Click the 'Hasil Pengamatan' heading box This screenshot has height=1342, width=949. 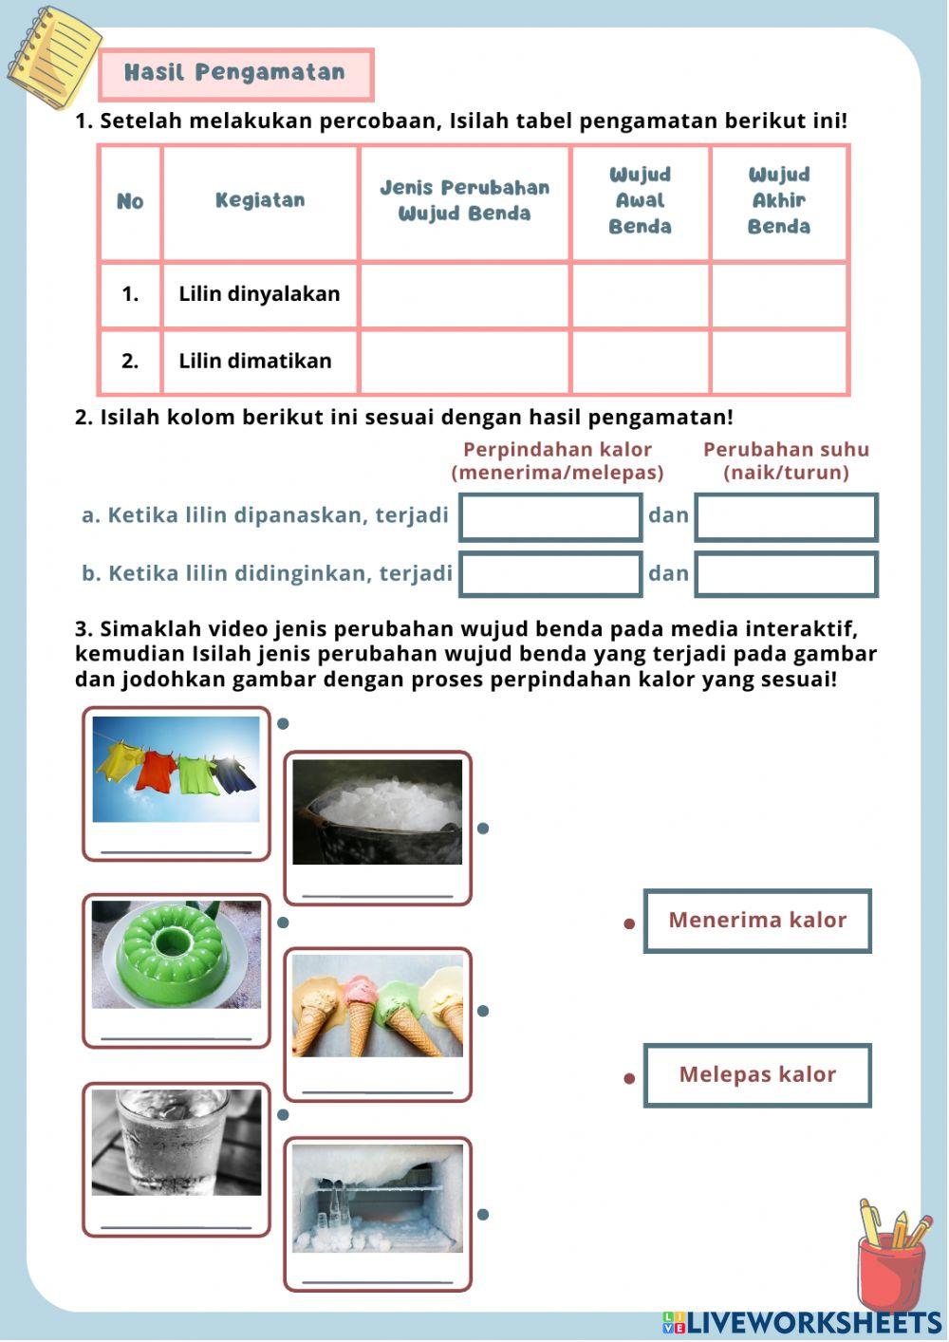point(235,73)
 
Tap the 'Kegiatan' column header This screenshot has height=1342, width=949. point(259,200)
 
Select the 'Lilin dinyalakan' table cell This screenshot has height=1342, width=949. point(259,294)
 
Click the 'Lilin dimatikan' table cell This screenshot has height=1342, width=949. point(255,361)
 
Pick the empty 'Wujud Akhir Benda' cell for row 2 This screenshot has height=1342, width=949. point(778,361)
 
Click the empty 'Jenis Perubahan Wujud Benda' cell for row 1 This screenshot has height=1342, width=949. point(464,294)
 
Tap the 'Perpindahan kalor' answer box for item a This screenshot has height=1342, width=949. point(550,517)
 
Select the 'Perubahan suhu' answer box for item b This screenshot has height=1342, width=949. point(786,574)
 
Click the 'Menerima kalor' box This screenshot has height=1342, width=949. point(757,920)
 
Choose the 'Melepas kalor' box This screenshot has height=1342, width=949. point(757,1074)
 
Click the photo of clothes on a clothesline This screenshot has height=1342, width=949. point(176,769)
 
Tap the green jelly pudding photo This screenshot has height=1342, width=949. point(176,954)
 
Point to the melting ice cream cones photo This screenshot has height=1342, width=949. point(377,1006)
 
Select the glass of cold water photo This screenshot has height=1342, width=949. point(176,1142)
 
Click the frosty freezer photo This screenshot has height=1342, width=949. point(377,1198)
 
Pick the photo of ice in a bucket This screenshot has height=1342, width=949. point(377,811)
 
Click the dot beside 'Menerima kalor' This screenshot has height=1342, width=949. point(629,923)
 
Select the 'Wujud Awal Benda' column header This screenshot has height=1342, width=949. point(640,200)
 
